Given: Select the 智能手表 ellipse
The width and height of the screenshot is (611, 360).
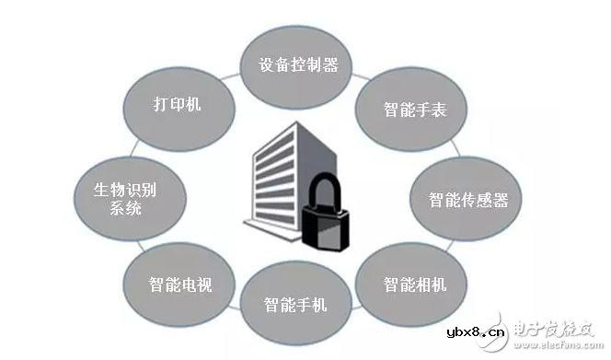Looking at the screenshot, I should (415, 110).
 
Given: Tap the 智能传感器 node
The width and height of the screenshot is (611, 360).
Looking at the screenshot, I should (467, 199).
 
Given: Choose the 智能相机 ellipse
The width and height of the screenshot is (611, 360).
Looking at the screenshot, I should (415, 284).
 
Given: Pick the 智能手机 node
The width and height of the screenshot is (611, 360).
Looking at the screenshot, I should (295, 304).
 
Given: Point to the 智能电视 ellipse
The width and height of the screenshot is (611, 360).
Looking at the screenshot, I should (179, 285).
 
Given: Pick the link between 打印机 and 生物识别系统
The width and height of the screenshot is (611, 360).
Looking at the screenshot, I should (140, 147).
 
